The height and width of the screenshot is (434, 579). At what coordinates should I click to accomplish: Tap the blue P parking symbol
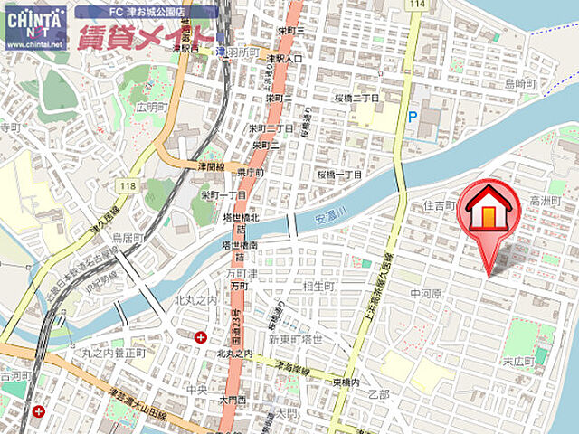coord(413,116)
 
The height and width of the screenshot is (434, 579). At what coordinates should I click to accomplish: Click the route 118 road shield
coord(126,186)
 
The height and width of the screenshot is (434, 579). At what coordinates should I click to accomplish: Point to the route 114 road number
coord(416,5)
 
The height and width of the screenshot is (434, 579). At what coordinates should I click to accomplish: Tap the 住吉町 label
coord(440,207)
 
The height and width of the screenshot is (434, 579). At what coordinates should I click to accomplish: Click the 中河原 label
coord(424,294)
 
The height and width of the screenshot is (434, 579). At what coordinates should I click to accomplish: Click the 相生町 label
coord(319,286)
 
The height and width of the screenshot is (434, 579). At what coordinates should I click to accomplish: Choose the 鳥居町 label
coord(128,239)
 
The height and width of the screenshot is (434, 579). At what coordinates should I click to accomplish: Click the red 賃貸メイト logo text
coord(146,37)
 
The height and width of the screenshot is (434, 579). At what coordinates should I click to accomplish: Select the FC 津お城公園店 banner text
coord(145,12)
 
